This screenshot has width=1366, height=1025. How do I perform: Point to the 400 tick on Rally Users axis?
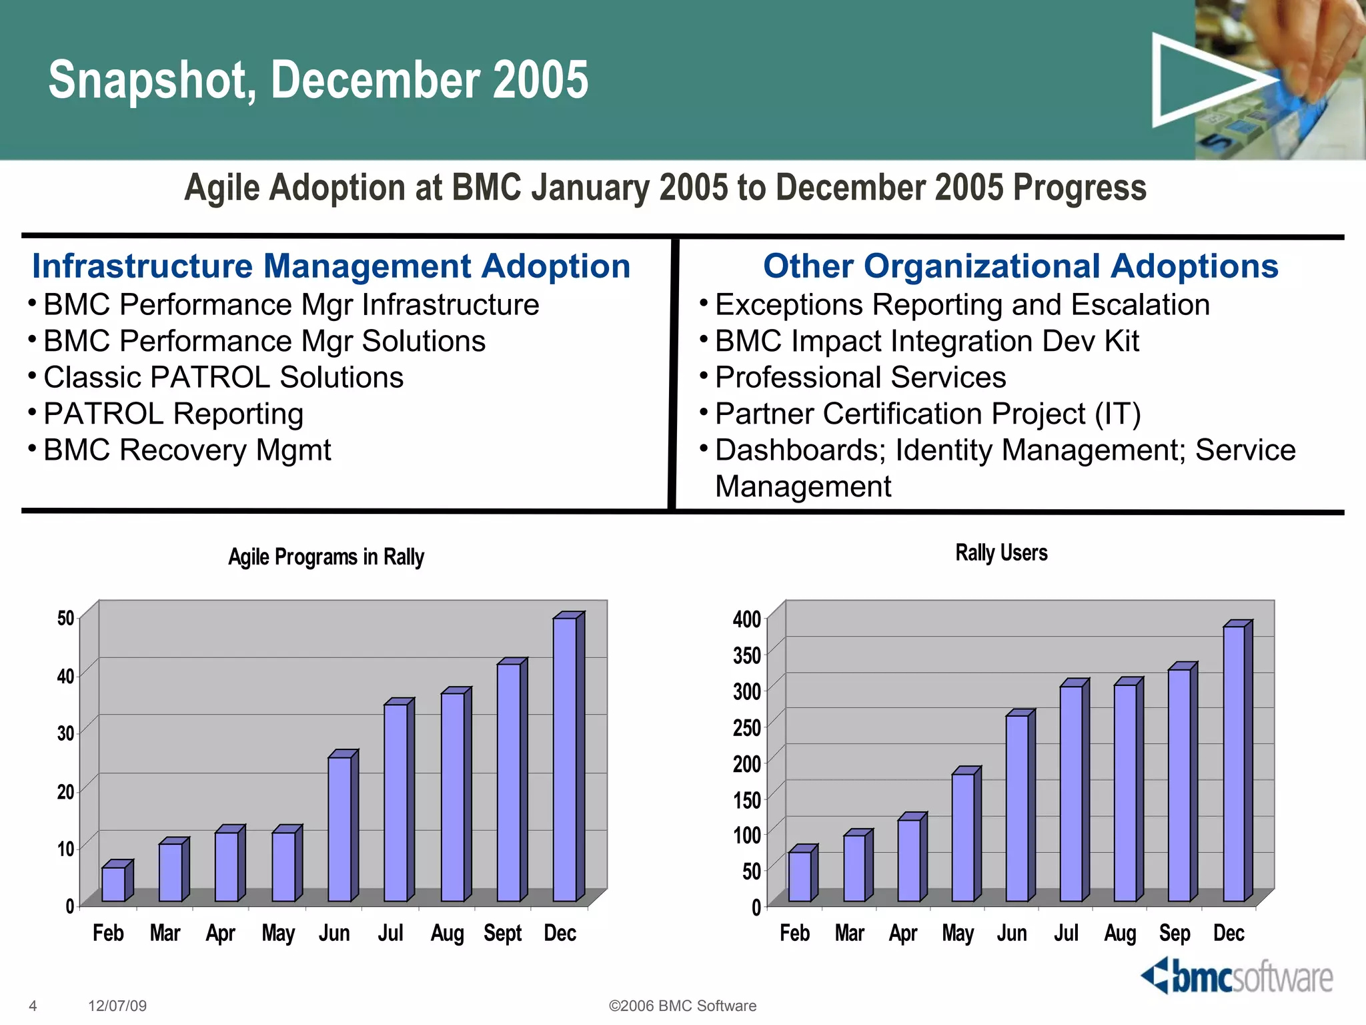pos(747,619)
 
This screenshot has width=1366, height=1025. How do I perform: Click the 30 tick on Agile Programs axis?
pos(65,733)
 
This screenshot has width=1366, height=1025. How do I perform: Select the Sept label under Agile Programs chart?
pos(502,933)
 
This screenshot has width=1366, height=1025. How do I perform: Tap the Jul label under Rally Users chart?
pos(1066,933)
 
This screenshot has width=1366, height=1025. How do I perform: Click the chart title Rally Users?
pos(1001,553)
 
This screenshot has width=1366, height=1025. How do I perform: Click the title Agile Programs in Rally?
pos(325,557)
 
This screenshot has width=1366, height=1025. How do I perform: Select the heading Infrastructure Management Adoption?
pos(331,266)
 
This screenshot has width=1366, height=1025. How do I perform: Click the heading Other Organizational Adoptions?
pos(1020,266)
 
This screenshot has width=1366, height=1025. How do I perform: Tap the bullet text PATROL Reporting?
pos(173,414)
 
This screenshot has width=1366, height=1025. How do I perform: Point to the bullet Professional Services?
pos(860,378)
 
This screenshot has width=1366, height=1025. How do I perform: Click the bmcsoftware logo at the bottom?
pos(1237,977)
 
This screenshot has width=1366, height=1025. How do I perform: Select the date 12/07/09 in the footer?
pos(117,1006)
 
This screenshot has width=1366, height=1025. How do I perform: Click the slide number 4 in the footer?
pos(33,1006)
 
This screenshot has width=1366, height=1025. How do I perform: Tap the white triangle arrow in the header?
pos(1201,80)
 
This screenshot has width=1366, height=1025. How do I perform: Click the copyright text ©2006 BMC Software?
pos(682,1006)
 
